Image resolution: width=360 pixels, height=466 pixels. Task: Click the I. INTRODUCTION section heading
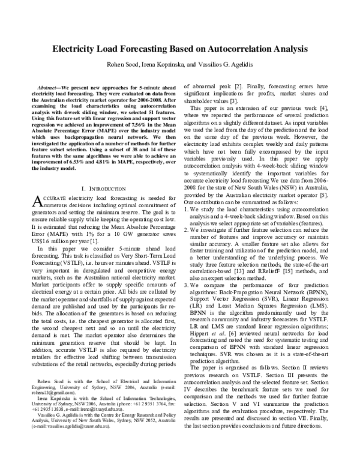[x=98, y=188]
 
